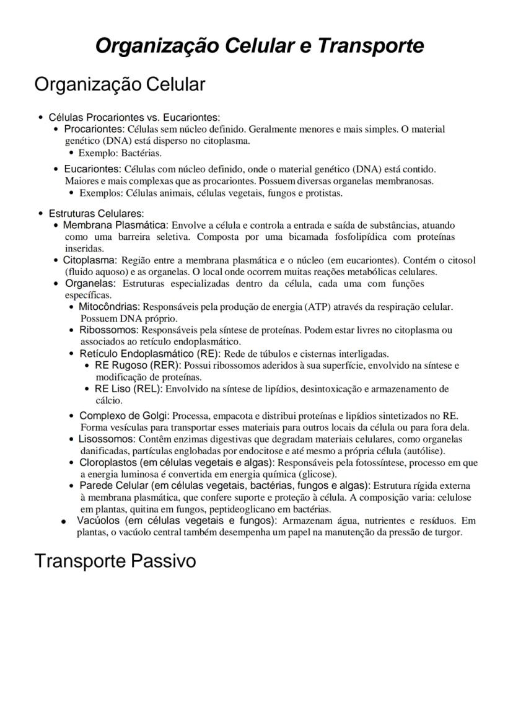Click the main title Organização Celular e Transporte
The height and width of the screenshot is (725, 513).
[x=260, y=46]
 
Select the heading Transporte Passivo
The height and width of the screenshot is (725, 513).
[x=115, y=561]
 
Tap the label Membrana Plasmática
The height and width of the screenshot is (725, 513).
[x=115, y=224]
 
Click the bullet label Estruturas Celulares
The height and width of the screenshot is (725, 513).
[x=96, y=213]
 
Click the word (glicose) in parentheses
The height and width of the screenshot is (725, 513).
[x=316, y=474]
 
